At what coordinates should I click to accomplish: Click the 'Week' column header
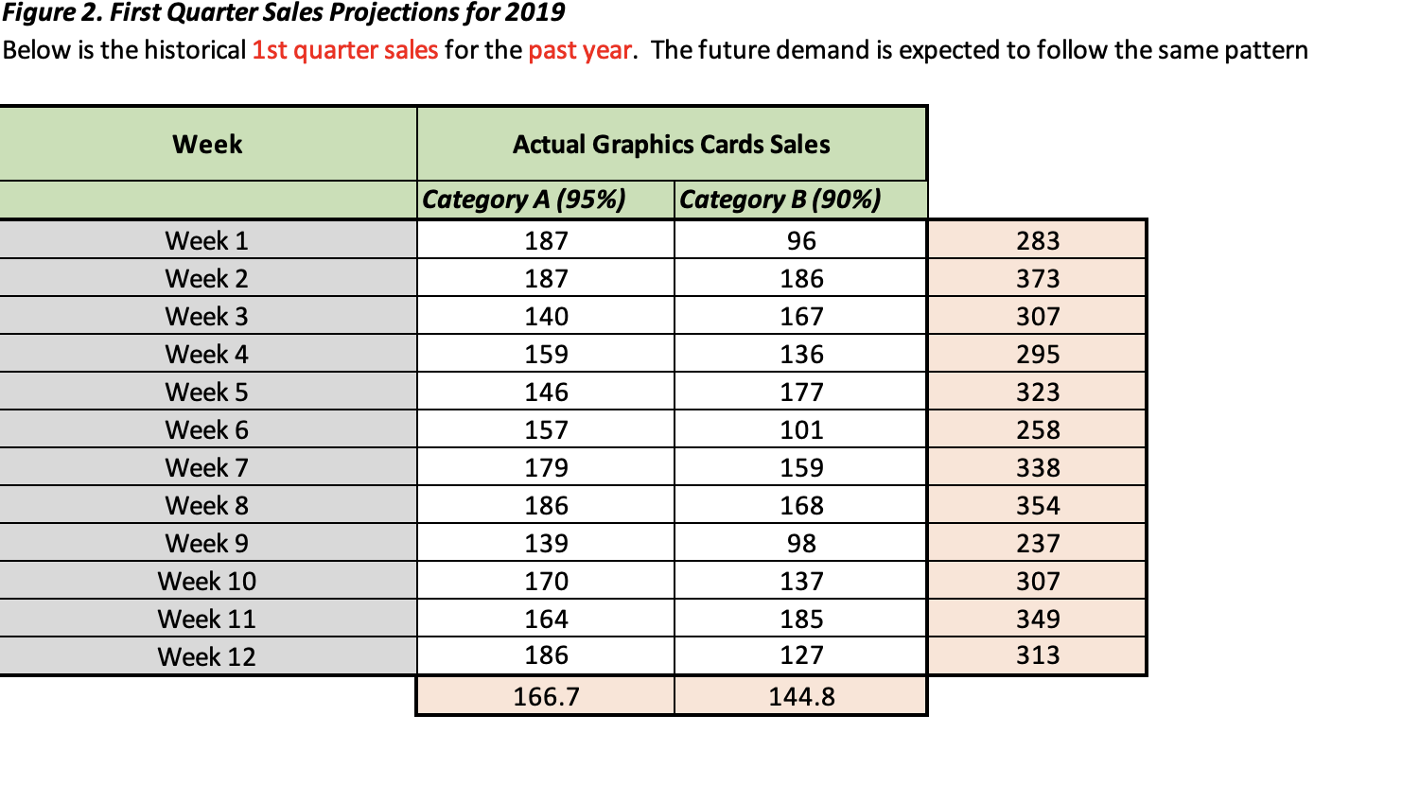tap(207, 145)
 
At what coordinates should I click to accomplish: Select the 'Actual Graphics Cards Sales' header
tap(671, 145)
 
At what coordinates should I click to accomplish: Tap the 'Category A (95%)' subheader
tap(524, 200)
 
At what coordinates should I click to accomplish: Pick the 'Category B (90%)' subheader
tap(780, 200)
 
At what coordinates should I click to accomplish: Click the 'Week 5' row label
tap(206, 392)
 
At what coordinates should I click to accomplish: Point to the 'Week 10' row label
tap(206, 582)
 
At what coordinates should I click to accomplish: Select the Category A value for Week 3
tap(546, 317)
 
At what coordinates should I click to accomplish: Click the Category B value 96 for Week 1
tap(800, 241)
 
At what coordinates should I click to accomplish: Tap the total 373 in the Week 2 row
tap(1037, 279)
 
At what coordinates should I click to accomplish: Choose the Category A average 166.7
tap(546, 697)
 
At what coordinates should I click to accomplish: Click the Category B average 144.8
tap(800, 697)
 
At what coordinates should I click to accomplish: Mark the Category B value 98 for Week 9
tap(800, 544)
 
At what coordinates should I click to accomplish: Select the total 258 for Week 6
tap(1037, 430)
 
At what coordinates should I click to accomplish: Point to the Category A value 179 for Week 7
tap(546, 468)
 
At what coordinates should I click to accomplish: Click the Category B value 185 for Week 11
tap(800, 619)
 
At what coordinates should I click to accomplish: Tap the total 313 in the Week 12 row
tap(1037, 655)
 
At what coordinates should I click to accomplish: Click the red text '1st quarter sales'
tap(344, 50)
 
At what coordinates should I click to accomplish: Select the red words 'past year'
tap(579, 50)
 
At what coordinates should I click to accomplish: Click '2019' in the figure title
tap(535, 13)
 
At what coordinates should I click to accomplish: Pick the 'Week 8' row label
tap(206, 506)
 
